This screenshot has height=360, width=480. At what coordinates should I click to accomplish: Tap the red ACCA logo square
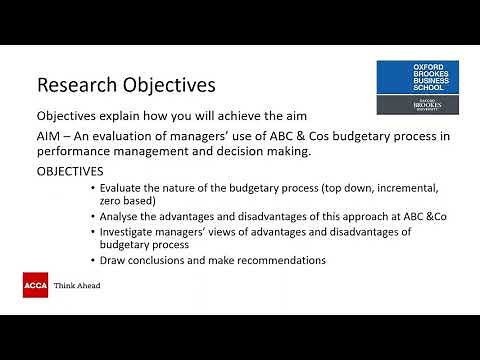pos(35,285)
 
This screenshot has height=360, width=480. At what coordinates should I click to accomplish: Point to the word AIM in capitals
pos(50,136)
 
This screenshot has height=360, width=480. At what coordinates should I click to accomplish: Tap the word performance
pos(77,152)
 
